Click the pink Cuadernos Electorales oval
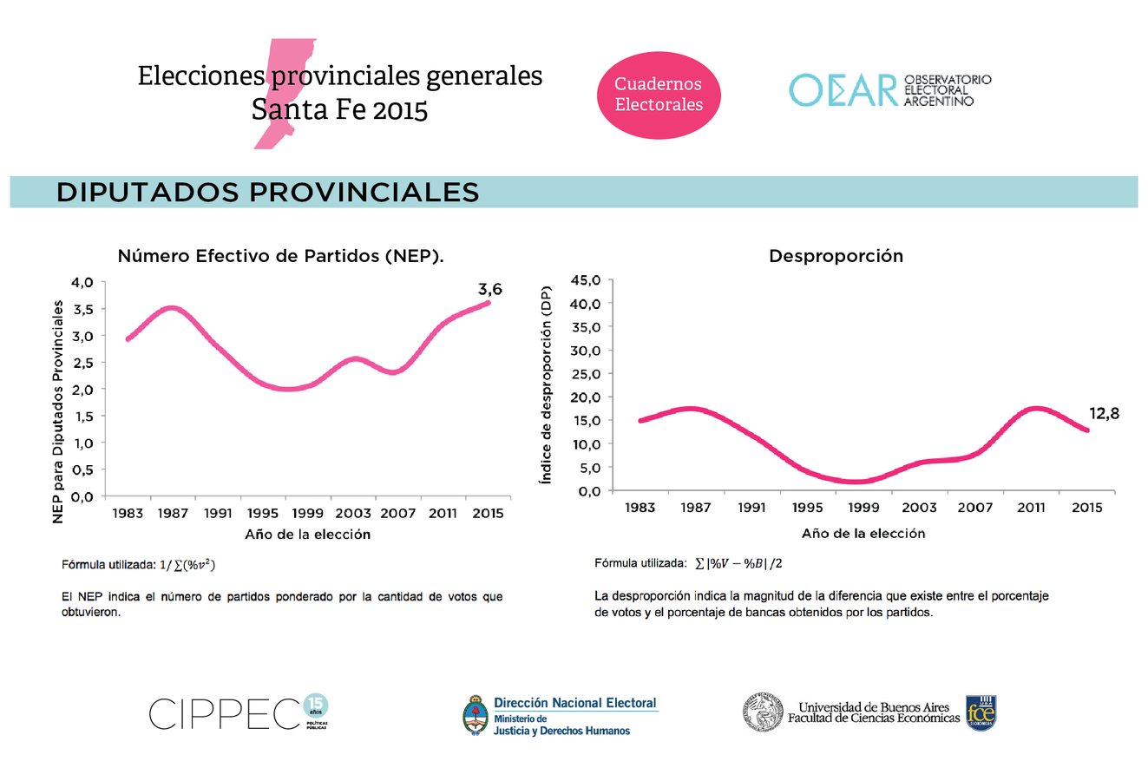pos(659,95)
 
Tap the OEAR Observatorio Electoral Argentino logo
pos(889,90)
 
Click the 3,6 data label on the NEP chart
pos(490,289)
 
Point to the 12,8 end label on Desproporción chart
pos(1104,414)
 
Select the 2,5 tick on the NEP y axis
pos(82,363)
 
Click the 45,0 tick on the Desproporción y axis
pos(585,280)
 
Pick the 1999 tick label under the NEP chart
pos(308,513)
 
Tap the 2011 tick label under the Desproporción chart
pos(1031,508)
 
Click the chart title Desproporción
pos(836,256)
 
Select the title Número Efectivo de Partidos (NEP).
pos(281,256)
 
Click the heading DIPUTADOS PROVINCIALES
pos(268,192)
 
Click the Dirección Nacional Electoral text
pos(574,703)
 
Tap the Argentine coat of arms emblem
pos(475,716)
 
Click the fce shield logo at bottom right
pos(981,713)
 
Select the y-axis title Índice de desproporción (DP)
pos(546,384)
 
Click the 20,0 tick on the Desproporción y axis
pos(585,397)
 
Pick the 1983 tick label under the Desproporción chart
pos(640,508)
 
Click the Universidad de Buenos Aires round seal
pos(764,713)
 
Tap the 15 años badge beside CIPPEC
pos(316,706)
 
